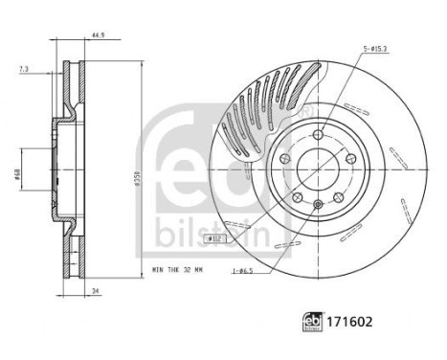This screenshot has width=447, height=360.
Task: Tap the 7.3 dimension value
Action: (23, 70)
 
